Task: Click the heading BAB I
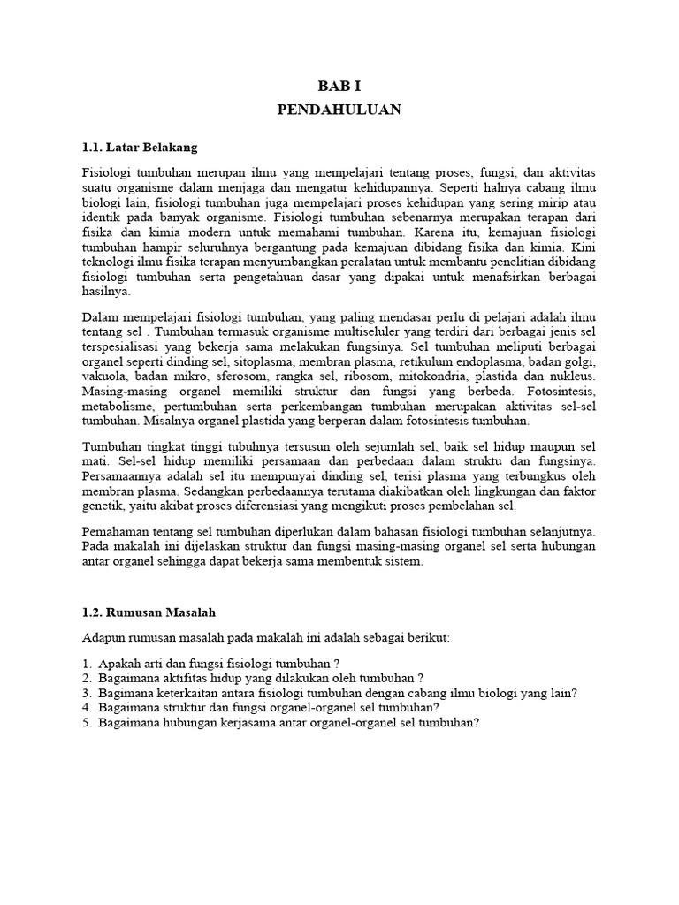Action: pyautogui.click(x=339, y=86)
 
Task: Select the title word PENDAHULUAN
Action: pyautogui.click(x=339, y=110)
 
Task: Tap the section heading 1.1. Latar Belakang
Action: pyautogui.click(x=139, y=146)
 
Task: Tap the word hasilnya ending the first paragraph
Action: pyautogui.click(x=105, y=291)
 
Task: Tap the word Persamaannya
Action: pyautogui.click(x=123, y=478)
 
